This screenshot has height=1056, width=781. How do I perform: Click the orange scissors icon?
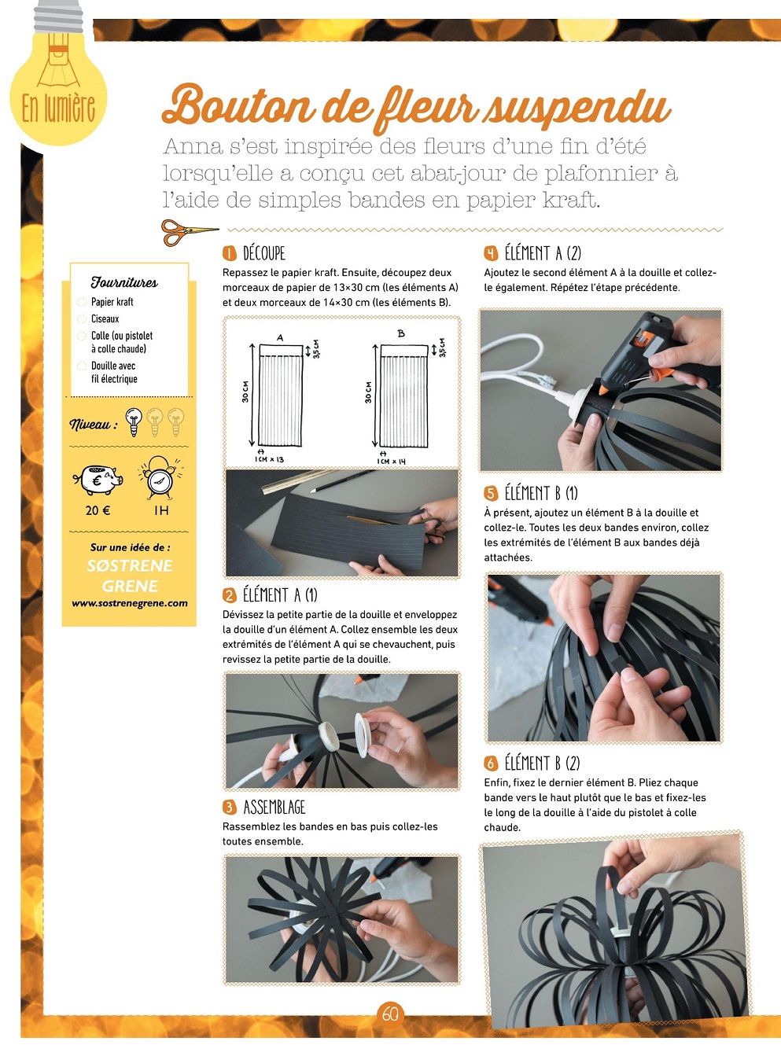tap(189, 232)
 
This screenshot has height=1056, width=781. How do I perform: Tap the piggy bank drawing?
tap(98, 480)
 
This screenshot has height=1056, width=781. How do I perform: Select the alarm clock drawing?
tap(160, 477)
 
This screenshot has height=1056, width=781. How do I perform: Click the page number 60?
tap(390, 1014)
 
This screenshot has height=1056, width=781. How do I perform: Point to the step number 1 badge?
tap(230, 254)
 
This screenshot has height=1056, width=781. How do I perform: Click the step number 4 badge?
tap(491, 253)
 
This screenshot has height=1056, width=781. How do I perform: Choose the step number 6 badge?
tap(491, 763)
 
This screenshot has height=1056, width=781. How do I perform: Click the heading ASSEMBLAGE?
tap(274, 807)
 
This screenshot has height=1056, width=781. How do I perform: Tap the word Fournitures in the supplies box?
tap(124, 282)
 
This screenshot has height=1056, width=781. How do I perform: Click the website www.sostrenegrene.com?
tap(130, 603)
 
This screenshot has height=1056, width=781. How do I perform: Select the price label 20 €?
tap(98, 510)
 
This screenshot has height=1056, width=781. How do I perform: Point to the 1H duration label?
tap(161, 510)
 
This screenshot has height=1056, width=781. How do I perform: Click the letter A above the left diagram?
tap(280, 337)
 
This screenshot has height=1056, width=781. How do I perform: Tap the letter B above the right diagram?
tap(401, 333)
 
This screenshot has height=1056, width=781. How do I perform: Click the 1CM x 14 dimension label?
tap(391, 461)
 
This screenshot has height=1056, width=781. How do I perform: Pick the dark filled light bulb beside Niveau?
tap(134, 421)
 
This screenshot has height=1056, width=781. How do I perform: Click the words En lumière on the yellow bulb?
tap(58, 109)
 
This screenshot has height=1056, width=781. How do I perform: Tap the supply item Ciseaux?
tap(105, 318)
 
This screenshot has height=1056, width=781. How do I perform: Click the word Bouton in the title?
tap(239, 105)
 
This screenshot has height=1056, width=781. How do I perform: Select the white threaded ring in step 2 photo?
tap(362, 735)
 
